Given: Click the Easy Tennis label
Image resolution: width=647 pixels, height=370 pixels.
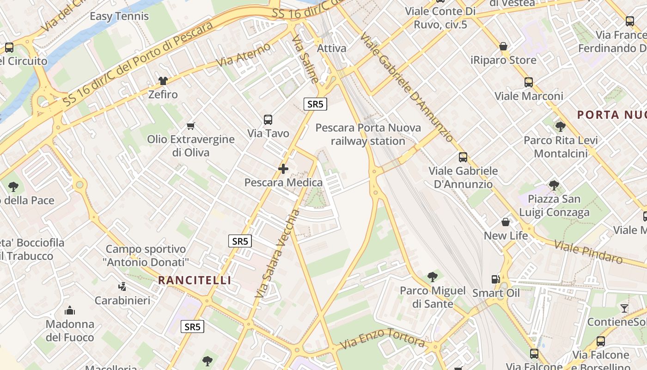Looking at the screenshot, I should (119, 16).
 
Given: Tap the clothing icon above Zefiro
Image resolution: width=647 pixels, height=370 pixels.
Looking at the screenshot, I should (163, 81).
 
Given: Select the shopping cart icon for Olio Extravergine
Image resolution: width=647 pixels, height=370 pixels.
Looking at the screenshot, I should (190, 126).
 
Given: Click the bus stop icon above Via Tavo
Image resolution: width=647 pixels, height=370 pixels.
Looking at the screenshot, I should (268, 120).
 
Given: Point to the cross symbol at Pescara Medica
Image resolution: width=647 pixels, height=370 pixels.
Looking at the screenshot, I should (283, 169).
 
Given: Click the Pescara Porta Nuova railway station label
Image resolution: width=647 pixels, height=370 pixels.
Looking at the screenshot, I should (368, 134).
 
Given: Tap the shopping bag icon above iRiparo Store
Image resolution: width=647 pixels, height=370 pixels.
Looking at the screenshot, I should (503, 46).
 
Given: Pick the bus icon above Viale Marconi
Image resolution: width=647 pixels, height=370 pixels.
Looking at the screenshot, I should (529, 82).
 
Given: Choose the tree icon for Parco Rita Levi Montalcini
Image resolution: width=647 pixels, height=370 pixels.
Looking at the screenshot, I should (560, 126).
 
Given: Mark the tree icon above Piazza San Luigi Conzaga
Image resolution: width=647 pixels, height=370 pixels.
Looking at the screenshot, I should (554, 185).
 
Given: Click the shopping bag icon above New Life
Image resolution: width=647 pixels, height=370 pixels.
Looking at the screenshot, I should (506, 222).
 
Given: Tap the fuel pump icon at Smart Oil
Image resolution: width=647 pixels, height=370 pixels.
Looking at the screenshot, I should (495, 279).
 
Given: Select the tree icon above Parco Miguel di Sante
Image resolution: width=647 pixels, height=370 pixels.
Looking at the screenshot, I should (433, 277).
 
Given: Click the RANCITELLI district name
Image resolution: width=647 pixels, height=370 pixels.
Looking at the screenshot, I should (195, 280).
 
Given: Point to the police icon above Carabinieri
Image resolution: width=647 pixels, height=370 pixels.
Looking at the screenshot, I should (122, 287).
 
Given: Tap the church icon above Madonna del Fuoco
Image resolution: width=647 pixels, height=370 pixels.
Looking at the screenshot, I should (70, 310).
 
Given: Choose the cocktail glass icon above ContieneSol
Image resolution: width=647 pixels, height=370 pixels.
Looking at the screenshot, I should (624, 308).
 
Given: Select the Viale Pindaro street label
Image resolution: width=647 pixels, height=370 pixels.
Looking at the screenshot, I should (589, 252).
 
